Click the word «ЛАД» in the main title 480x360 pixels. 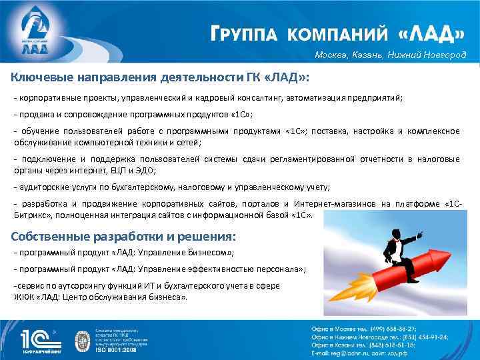(432, 34)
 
